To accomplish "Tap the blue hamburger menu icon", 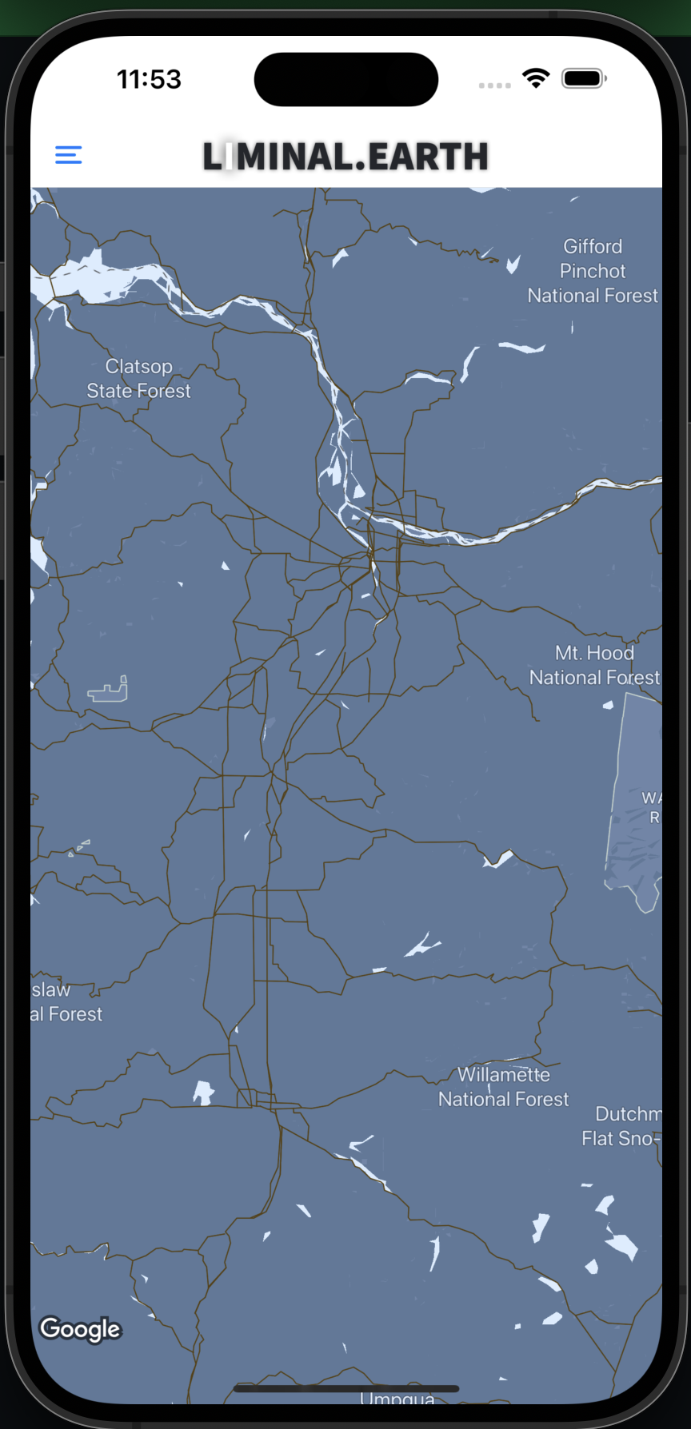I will coord(69,154).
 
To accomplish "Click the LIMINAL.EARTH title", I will coord(345,157).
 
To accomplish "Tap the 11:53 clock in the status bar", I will coord(149,79).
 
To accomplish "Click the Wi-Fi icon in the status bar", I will coord(536,78).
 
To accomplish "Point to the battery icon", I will coord(584,78).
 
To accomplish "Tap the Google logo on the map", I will coord(80,1328).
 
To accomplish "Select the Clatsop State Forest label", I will coord(139,379).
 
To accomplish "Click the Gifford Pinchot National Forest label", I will coord(593,271).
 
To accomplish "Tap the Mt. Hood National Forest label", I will coord(594,665).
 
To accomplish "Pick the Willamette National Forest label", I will coord(504,1087).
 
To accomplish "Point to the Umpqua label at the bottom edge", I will coord(397,1399).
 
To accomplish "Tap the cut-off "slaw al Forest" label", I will coord(67,1002).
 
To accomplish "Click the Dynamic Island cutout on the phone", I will coord(345,79).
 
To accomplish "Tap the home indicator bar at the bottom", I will coord(345,1388).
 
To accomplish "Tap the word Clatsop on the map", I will coord(139,367).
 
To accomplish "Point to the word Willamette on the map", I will coord(504,1075).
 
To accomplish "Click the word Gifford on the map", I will coord(593,246).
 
